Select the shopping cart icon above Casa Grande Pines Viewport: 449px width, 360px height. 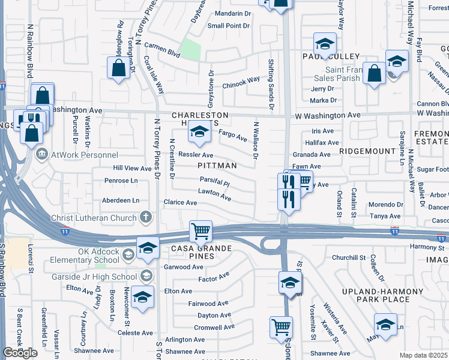pos(200,230)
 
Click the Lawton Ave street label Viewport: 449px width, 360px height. pos(215,194)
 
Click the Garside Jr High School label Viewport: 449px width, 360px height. pos(101,275)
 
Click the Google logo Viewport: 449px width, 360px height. pos(20,353)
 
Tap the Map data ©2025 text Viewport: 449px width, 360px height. pos(423,355)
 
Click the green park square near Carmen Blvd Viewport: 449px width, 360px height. pos(190,49)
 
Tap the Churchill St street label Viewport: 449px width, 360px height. pos(349,258)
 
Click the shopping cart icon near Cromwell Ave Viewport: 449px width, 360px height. pos(281,327)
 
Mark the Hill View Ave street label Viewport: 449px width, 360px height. pos(133,169)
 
